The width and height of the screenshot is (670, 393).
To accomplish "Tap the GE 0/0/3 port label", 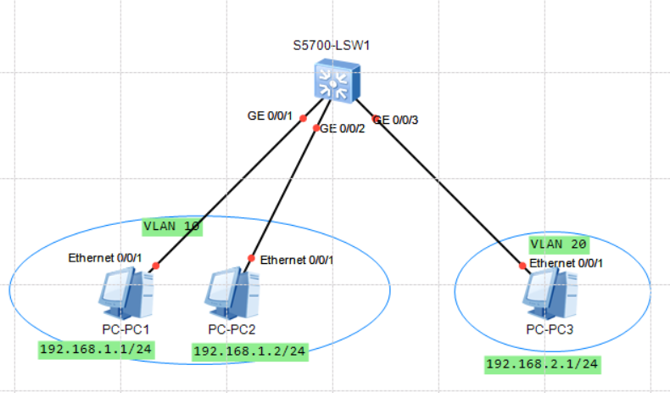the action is click(x=396, y=121).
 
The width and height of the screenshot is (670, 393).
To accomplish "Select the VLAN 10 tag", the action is click(x=172, y=227).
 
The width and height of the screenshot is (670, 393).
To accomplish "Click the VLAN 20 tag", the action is click(x=559, y=244).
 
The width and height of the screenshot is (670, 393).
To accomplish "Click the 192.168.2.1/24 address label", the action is click(x=542, y=365).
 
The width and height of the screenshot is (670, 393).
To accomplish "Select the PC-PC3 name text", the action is click(x=550, y=329).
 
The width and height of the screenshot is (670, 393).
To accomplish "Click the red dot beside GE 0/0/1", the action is click(x=303, y=117).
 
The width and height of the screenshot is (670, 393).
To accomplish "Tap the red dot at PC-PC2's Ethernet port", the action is click(x=251, y=258).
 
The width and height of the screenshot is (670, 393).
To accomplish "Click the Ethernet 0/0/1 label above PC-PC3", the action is click(x=566, y=263).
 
